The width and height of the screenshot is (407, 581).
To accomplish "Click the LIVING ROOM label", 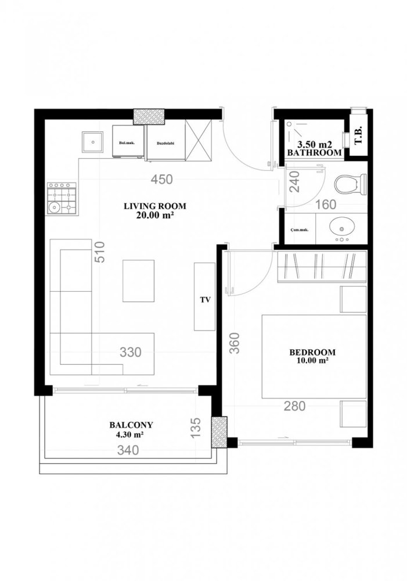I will pos(150,206).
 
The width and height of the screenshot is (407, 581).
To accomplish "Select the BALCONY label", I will pos(130,425).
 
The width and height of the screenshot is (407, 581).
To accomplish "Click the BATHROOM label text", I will pos(314,152).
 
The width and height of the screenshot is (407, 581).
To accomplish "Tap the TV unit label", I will pos(204,300).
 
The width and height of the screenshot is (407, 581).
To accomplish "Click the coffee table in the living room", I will pos(138,281).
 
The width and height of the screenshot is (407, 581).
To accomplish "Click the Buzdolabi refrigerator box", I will pos(165,142).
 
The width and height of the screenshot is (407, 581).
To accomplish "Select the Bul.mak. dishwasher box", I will pos(127,142).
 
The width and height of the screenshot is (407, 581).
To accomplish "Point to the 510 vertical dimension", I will pos(100,252).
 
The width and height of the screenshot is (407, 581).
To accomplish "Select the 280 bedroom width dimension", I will pos(295,407).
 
